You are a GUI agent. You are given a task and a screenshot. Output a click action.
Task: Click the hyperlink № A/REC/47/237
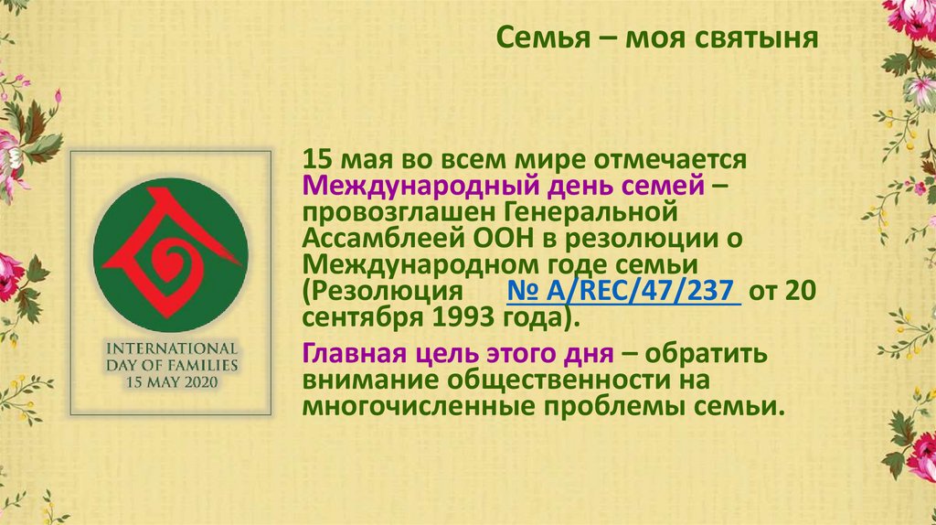pos(624,292)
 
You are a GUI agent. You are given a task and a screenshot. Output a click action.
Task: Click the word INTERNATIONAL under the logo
pos(171,348)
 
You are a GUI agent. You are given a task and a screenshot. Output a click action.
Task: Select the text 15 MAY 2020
pos(171,382)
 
